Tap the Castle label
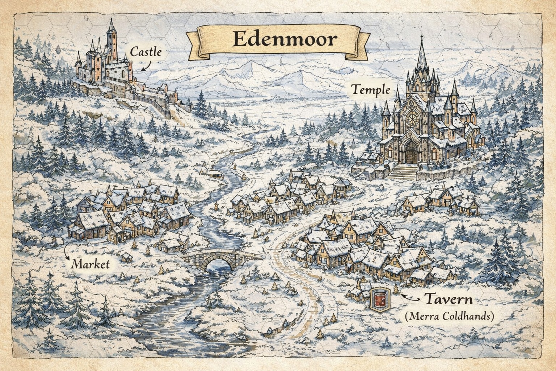pos(146,52)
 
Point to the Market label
pos(90,264)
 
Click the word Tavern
pos(448,300)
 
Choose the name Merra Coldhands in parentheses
pos(449,316)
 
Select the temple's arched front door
pos(411,152)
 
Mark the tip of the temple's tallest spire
pos(422,36)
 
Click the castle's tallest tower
pos(111,40)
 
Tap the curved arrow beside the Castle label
pos(146,66)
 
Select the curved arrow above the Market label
pos(66,250)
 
